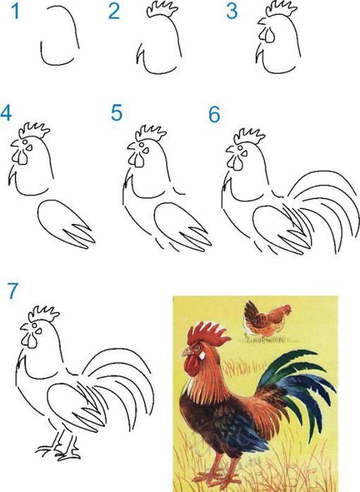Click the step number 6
click(215, 114)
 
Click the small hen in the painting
click(266, 319)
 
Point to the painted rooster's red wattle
click(190, 365)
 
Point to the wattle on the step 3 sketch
click(264, 36)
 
